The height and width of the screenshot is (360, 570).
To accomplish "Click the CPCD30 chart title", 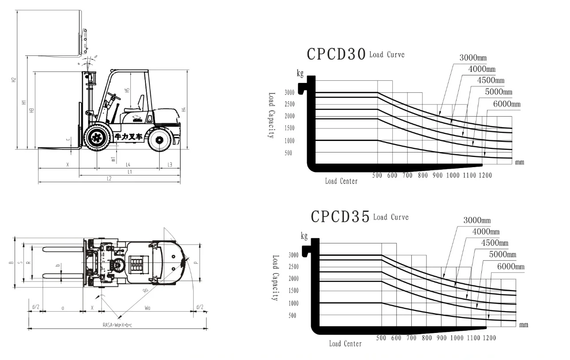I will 336,54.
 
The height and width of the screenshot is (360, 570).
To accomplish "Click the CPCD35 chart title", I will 340,217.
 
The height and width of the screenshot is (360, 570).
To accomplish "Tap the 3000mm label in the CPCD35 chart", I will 477,220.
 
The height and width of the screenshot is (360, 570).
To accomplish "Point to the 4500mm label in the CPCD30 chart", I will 491,80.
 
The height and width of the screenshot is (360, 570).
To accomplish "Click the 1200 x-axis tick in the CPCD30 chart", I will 485,176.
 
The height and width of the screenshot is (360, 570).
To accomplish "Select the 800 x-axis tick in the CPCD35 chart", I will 427,338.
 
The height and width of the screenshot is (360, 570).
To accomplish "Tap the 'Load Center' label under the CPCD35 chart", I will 345,344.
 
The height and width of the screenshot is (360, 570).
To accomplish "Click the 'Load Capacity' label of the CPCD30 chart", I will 271,115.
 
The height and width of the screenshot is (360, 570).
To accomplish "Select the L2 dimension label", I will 109,179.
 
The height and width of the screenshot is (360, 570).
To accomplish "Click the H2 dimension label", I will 14,80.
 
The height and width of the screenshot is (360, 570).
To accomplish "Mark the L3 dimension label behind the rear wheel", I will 170,165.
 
